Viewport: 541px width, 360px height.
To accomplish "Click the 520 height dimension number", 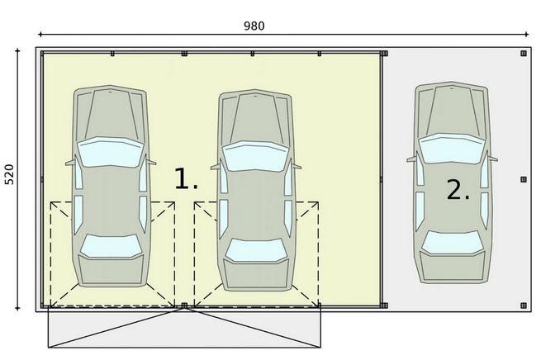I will point(10,174).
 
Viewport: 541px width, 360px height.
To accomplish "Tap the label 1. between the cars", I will point(185,180).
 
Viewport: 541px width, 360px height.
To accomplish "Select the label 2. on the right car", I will point(458,190).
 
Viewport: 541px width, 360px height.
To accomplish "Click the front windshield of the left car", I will point(111,153).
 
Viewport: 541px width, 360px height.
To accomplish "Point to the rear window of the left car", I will point(111,246).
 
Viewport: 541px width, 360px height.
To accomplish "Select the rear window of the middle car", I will point(254,249).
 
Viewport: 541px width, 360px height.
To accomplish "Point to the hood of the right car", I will point(451,111).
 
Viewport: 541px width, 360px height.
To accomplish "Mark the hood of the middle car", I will point(254,116).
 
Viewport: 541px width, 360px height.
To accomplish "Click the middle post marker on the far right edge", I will point(523,178).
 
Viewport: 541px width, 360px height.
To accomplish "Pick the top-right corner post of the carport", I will point(523,53).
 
